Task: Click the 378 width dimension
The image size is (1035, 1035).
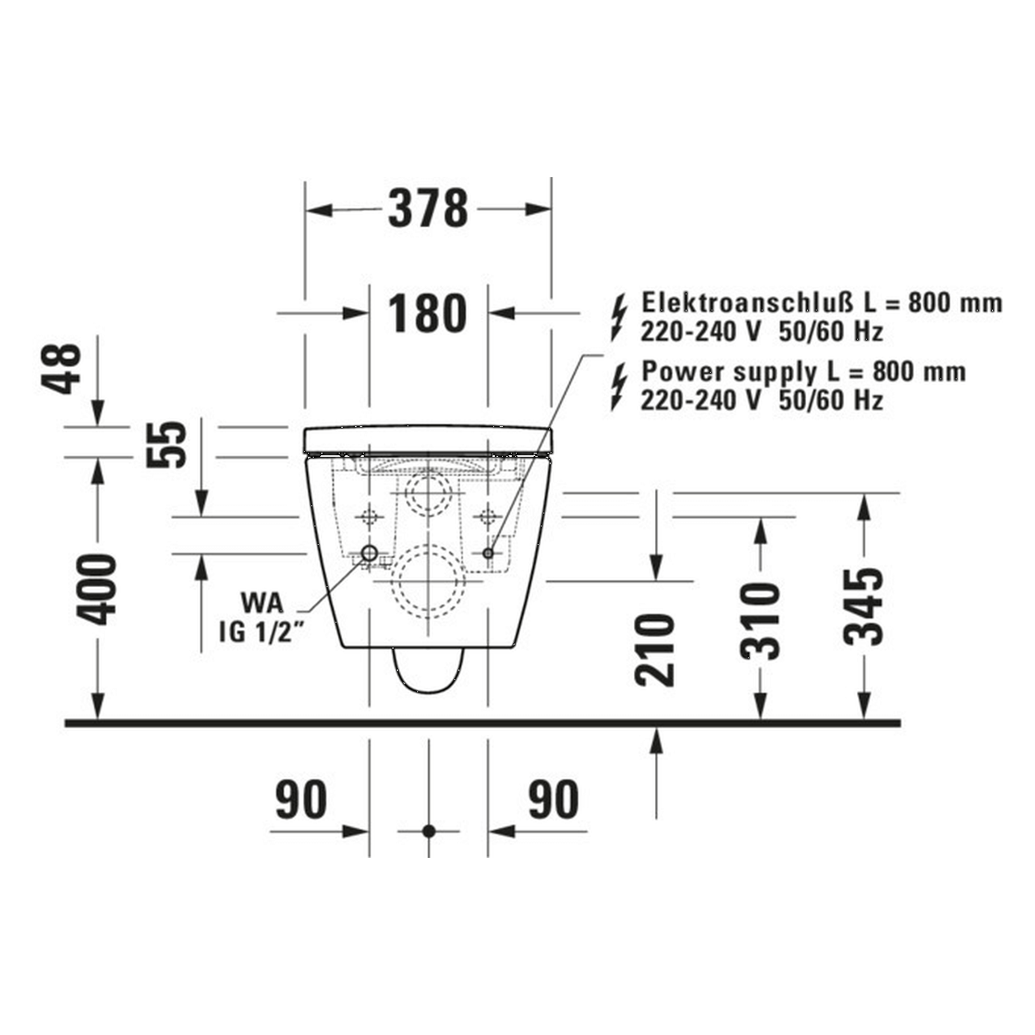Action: coord(428,209)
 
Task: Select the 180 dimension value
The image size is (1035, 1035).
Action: coord(428,314)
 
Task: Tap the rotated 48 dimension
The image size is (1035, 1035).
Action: coord(62,368)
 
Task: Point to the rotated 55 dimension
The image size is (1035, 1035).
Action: coord(167,444)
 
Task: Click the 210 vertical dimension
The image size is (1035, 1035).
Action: coord(655,650)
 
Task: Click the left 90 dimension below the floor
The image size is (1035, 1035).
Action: coord(302,800)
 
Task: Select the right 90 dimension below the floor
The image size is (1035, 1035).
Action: coord(554,800)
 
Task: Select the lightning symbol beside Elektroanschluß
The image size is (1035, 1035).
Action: coord(619,316)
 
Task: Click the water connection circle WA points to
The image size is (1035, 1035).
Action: coord(370,553)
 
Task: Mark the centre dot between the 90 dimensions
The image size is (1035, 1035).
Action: coord(429,830)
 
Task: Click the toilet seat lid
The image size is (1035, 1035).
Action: coord(428,439)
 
